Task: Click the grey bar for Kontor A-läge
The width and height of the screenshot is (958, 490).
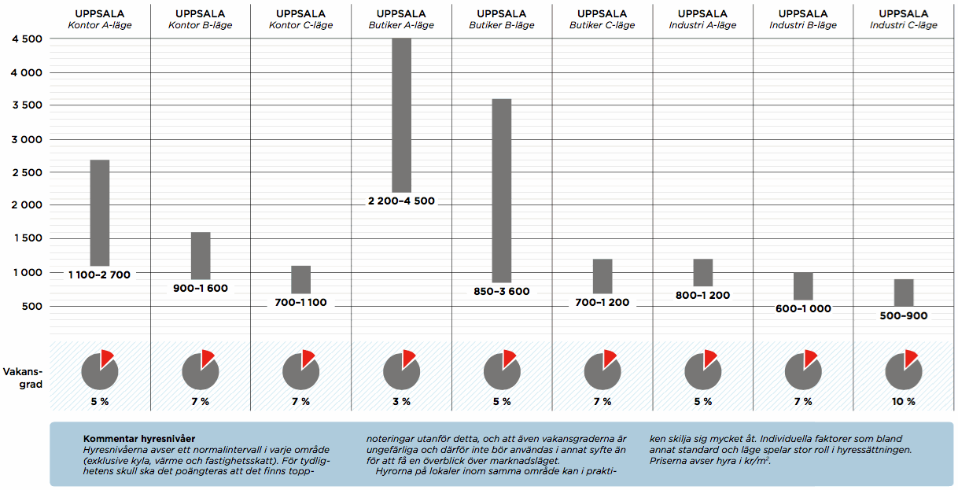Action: (x=100, y=212)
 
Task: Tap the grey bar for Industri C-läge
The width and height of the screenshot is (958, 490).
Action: (x=904, y=293)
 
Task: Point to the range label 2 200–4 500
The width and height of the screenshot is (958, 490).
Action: (x=401, y=201)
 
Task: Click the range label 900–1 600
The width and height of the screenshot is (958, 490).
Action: (x=201, y=289)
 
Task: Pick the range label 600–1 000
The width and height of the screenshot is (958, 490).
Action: (x=803, y=309)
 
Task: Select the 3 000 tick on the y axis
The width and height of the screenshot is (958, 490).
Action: (x=25, y=139)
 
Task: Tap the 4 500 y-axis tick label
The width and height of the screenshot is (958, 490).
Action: (x=25, y=39)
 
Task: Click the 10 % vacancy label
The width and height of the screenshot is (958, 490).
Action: (x=904, y=401)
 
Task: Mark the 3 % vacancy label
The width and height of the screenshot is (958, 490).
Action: (x=401, y=401)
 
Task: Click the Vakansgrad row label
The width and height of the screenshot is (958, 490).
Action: (x=24, y=378)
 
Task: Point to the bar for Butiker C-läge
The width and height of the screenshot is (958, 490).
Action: (x=602, y=276)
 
